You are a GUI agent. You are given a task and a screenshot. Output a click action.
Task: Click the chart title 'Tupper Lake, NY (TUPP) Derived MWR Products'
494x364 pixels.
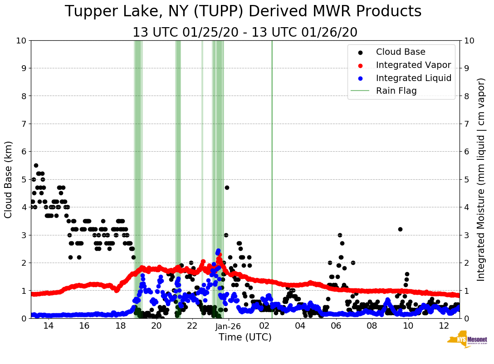(x=243, y=11)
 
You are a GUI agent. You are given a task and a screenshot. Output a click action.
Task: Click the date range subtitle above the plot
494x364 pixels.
(x=245, y=33)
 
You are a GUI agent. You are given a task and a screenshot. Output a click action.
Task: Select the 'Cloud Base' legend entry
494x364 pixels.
(x=401, y=52)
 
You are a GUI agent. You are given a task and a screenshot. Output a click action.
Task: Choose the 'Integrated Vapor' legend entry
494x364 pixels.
(x=413, y=65)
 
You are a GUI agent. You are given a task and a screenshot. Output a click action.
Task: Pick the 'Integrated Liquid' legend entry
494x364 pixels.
(x=413, y=78)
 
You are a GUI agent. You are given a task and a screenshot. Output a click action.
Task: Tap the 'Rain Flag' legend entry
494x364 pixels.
(x=396, y=91)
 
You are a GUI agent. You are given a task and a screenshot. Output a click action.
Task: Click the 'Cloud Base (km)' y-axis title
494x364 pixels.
(x=9, y=179)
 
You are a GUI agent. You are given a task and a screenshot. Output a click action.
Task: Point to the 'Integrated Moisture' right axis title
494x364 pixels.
(x=481, y=179)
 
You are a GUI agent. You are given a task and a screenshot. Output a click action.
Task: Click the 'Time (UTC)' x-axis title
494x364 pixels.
(x=245, y=337)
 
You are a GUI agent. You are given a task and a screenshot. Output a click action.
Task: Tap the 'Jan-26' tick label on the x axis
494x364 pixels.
(x=228, y=326)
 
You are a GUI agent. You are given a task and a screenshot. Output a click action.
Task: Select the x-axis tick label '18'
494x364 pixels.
(x=120, y=326)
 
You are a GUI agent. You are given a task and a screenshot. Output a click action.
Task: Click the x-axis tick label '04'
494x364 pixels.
(x=300, y=326)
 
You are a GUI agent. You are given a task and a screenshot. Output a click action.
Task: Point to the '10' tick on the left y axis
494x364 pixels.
(x=21, y=40)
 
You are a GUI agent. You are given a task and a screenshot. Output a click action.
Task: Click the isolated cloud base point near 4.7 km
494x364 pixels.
(x=227, y=187)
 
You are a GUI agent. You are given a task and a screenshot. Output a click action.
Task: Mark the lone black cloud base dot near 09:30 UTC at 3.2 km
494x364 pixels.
(x=400, y=229)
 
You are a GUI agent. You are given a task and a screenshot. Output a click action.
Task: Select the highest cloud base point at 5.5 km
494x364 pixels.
(x=36, y=165)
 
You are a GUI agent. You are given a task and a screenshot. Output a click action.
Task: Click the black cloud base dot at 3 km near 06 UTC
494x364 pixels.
(x=340, y=235)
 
